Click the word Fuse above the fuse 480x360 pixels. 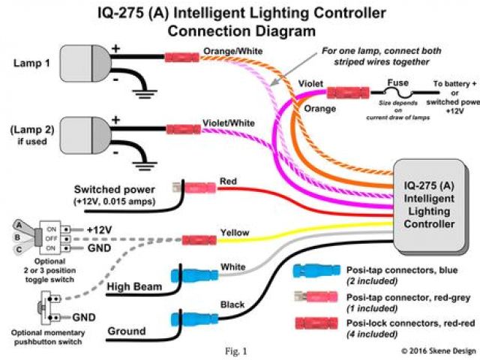click(x=398, y=85)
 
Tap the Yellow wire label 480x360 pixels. click(x=233, y=233)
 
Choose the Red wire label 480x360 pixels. click(x=228, y=182)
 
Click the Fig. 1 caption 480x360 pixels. click(x=235, y=350)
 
